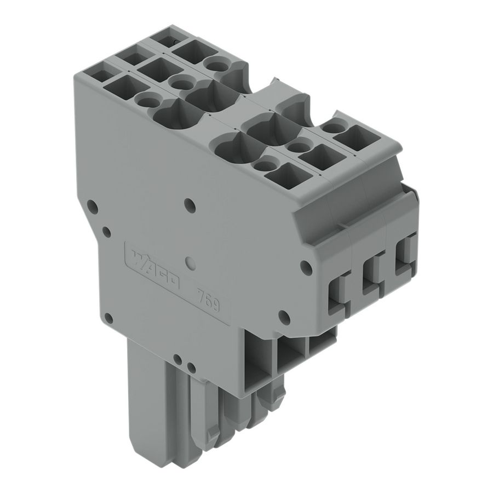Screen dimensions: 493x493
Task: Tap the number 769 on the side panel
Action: point(208,299)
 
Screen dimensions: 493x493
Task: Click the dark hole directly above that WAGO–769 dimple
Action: point(190,205)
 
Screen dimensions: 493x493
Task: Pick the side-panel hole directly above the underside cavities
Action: point(283,316)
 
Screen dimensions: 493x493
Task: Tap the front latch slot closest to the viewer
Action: point(337,294)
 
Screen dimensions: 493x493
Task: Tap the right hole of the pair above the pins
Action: point(191,366)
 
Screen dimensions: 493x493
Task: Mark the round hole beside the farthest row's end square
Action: point(330,128)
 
